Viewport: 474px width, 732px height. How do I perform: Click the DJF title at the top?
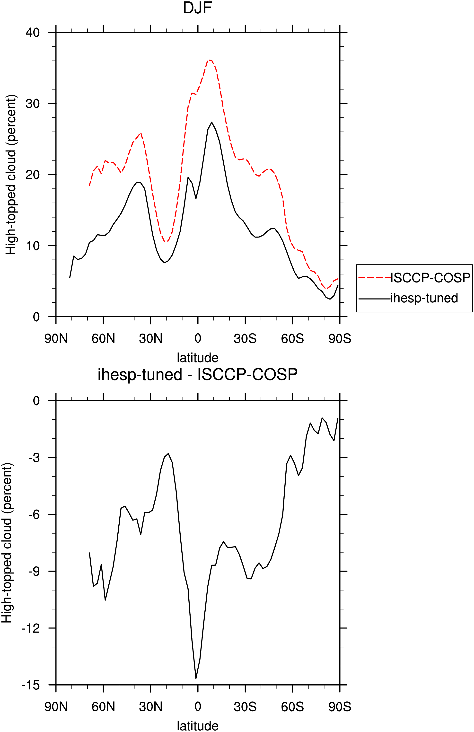197,8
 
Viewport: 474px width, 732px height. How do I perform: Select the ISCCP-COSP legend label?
430,278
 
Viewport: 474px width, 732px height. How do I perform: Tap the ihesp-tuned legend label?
424,298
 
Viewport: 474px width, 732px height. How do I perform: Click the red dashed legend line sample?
374,278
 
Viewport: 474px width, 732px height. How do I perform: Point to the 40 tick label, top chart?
33,32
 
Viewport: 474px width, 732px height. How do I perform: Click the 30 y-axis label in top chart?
33,104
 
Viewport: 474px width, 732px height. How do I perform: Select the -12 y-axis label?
30,628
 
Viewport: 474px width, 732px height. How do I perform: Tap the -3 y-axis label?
34,458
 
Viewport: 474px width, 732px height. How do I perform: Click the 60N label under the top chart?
103,339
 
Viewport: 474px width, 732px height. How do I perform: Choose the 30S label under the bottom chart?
245,707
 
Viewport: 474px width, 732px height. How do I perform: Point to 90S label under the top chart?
340,339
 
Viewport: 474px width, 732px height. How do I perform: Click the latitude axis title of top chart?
197,358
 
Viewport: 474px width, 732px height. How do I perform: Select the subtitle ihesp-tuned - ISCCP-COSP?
197,375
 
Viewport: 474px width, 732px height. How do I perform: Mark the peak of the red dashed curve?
210,60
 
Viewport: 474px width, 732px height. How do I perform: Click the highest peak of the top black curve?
212,122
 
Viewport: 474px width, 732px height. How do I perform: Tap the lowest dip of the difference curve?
196,678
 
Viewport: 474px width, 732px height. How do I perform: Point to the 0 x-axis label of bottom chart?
198,707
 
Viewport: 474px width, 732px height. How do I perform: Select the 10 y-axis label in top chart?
33,246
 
